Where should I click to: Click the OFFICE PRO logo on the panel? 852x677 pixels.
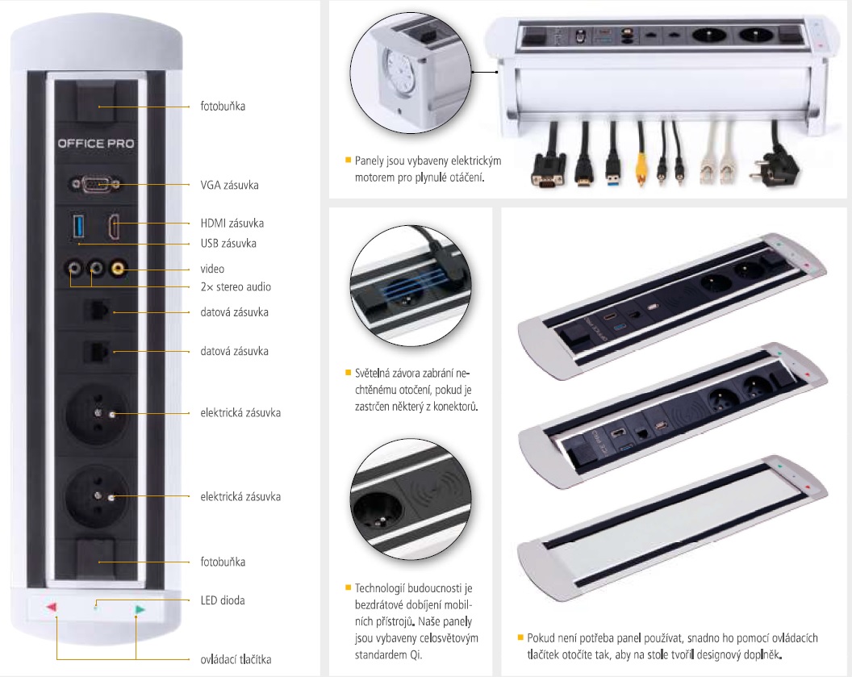96,144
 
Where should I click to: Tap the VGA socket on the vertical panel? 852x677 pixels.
96,185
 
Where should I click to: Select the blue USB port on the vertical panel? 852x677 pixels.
78,227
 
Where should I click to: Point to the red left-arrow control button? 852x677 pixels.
51,607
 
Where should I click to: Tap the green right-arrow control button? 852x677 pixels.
140,610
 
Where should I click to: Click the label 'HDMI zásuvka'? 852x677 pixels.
232,223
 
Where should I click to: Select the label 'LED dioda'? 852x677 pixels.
223,600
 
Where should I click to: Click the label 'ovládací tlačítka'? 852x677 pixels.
236,659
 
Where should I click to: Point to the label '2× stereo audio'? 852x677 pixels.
236,287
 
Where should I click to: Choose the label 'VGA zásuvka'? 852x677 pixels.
229,186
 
